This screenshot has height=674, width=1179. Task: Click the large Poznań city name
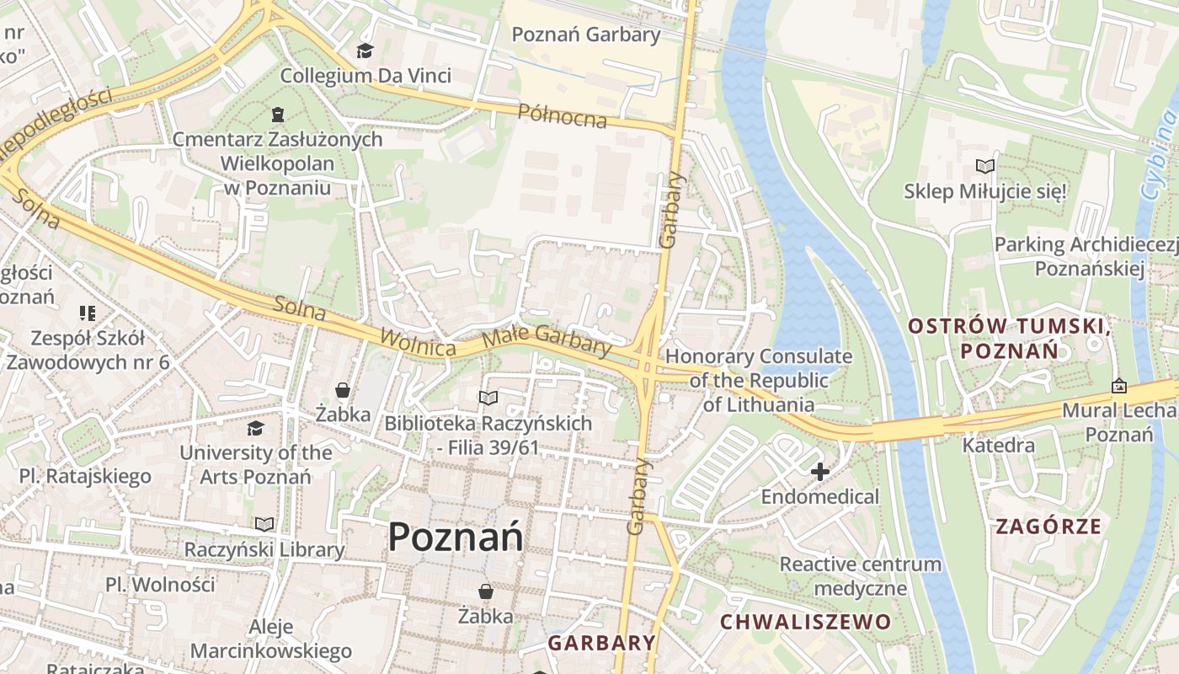(456, 537)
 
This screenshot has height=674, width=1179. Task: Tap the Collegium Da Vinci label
(365, 75)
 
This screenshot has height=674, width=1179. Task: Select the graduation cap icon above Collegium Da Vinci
(365, 51)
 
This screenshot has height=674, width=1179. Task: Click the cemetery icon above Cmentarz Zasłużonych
(277, 114)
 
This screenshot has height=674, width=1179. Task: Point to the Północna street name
(562, 116)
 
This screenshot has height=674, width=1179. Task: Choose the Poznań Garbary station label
(586, 35)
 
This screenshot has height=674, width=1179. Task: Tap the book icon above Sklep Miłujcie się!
(984, 167)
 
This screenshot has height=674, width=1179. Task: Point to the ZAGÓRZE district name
(1048, 527)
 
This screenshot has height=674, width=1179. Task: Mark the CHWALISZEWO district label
(805, 622)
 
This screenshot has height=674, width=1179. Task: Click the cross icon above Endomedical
(819, 472)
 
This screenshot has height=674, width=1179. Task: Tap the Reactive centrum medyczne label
(860, 575)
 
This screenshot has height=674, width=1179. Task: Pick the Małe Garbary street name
(547, 340)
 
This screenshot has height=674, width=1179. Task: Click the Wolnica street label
(418, 342)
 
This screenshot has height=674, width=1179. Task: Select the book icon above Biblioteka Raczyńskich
(488, 398)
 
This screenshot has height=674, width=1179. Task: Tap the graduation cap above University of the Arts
(255, 428)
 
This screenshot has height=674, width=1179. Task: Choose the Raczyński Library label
(264, 550)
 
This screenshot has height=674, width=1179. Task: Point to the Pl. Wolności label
(160, 584)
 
